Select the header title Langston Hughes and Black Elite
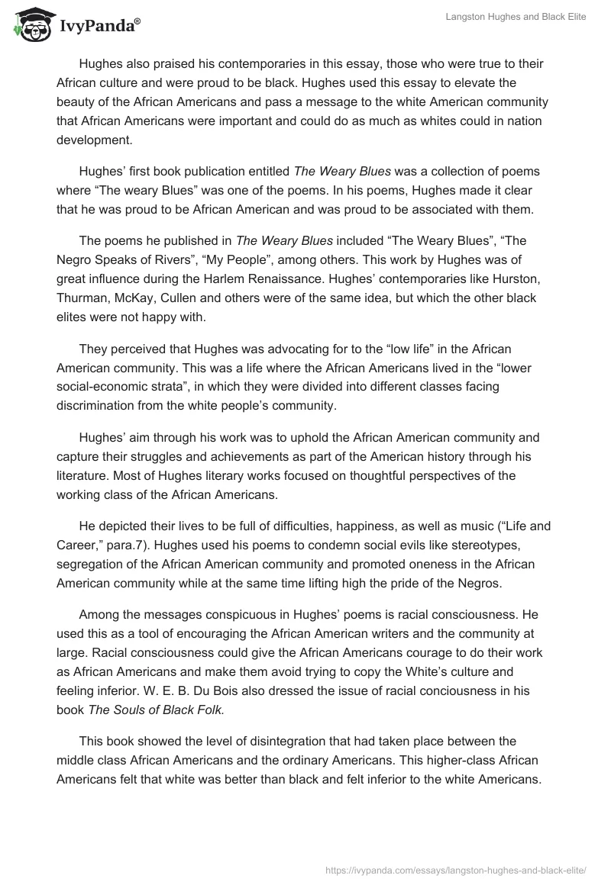pos(516,17)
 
